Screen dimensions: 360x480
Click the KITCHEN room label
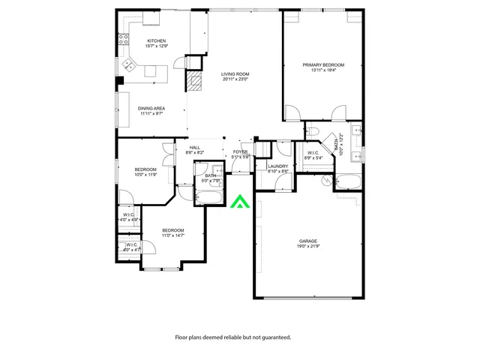[156, 40]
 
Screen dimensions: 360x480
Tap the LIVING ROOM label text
[235, 74]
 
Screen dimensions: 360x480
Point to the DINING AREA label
[151, 108]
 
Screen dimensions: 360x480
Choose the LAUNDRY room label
[278, 166]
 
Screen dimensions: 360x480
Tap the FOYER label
[240, 152]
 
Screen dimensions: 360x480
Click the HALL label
[194, 148]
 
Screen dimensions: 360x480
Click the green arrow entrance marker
[239, 202]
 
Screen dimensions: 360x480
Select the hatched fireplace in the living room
[195, 82]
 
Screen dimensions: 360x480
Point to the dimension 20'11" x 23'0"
[235, 79]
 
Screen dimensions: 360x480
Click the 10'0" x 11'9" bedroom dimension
[145, 175]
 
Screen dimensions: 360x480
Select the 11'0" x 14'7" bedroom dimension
[172, 235]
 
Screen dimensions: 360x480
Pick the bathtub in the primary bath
[347, 181]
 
